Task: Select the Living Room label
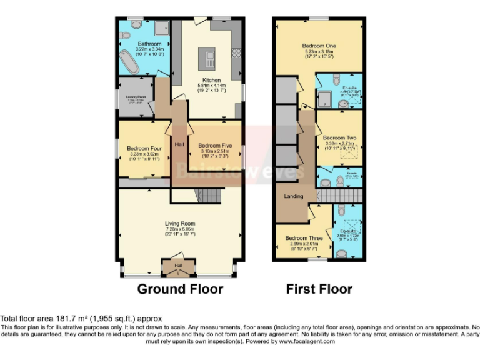[180, 223]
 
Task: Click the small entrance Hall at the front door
[178, 267]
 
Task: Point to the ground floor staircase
[205, 196]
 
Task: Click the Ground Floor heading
[180, 289]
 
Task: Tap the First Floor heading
[319, 289]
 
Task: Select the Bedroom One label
[319, 46]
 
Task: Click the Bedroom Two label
[338, 137]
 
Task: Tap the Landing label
[294, 196]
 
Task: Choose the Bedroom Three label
[304, 238]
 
